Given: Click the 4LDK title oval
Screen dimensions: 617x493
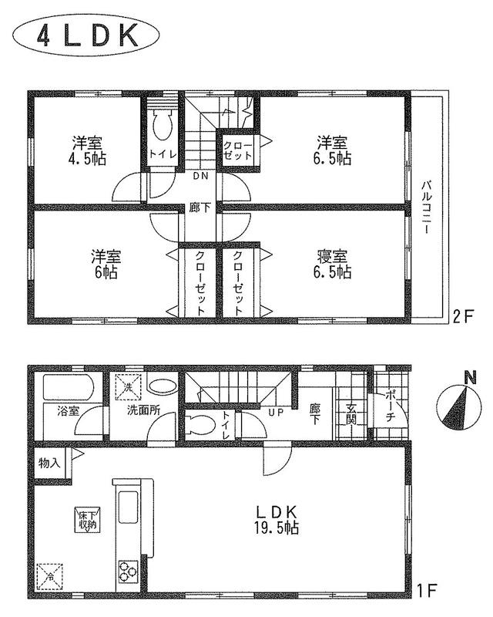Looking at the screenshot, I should click(86, 37).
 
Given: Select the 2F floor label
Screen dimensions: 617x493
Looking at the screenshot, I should click(463, 316).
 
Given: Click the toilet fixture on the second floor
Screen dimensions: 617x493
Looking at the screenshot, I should click(163, 124).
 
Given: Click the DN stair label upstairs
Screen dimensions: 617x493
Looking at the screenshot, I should click(200, 177).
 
